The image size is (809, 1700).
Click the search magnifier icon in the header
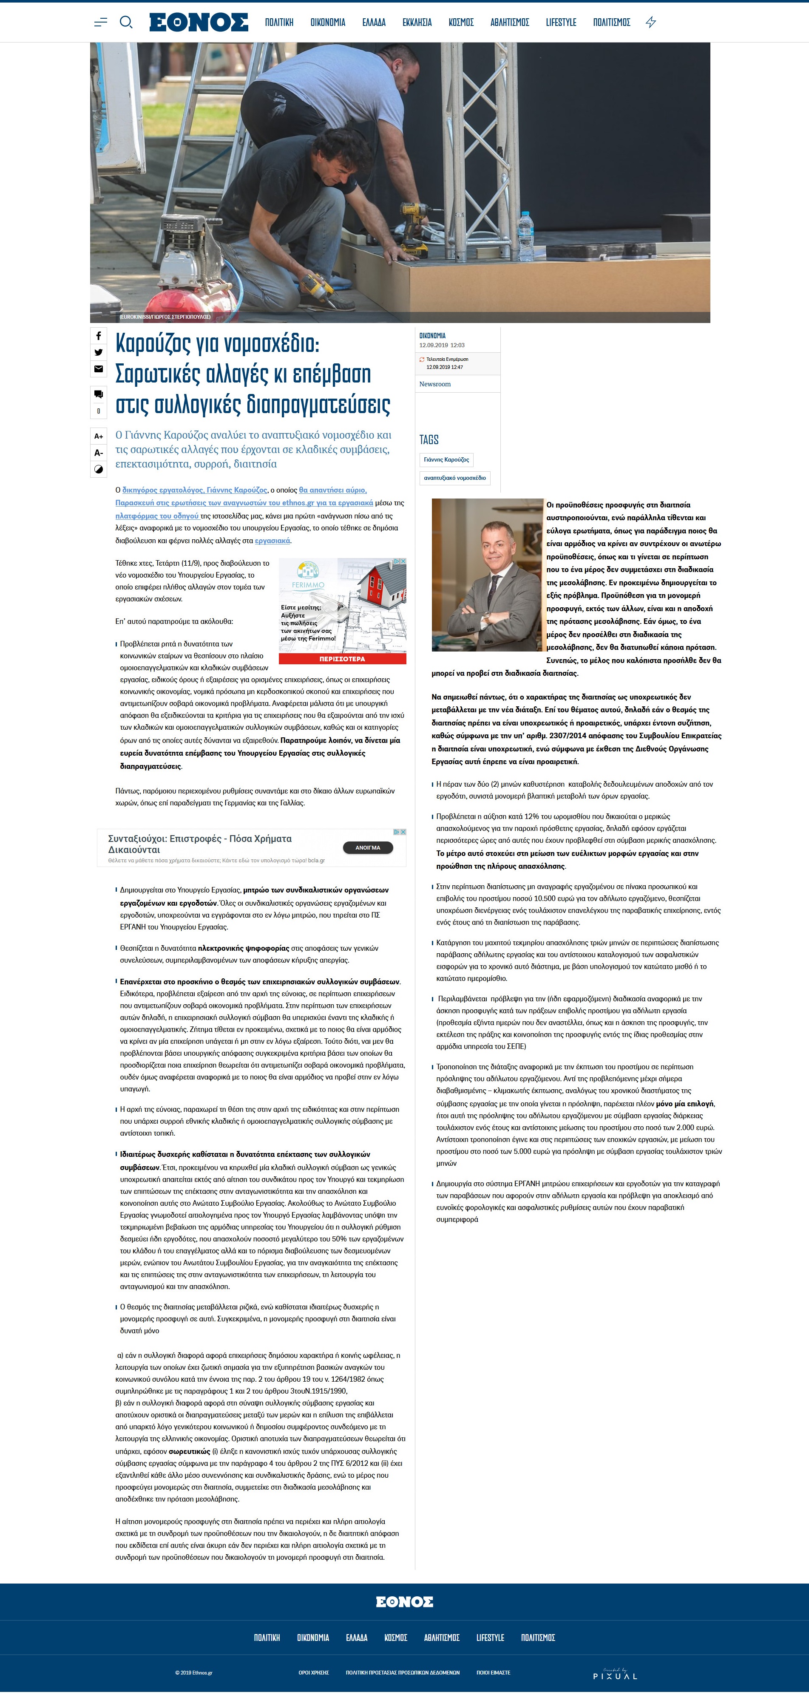coord(125,23)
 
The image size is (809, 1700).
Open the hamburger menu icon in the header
coord(100,23)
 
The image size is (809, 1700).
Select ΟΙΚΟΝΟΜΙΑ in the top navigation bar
coord(328,23)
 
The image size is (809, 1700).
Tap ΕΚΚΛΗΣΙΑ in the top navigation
coord(417,23)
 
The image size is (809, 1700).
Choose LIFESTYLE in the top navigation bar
coord(561,23)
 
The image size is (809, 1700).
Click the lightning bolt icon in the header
coord(650,23)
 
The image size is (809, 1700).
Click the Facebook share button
coord(98,336)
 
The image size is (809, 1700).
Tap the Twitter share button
coord(98,352)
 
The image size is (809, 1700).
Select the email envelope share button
coord(98,369)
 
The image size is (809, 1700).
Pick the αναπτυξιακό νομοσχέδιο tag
coord(454,478)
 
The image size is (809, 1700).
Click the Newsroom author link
coord(435,384)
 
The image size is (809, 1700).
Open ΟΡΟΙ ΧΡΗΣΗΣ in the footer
coord(313,1672)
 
